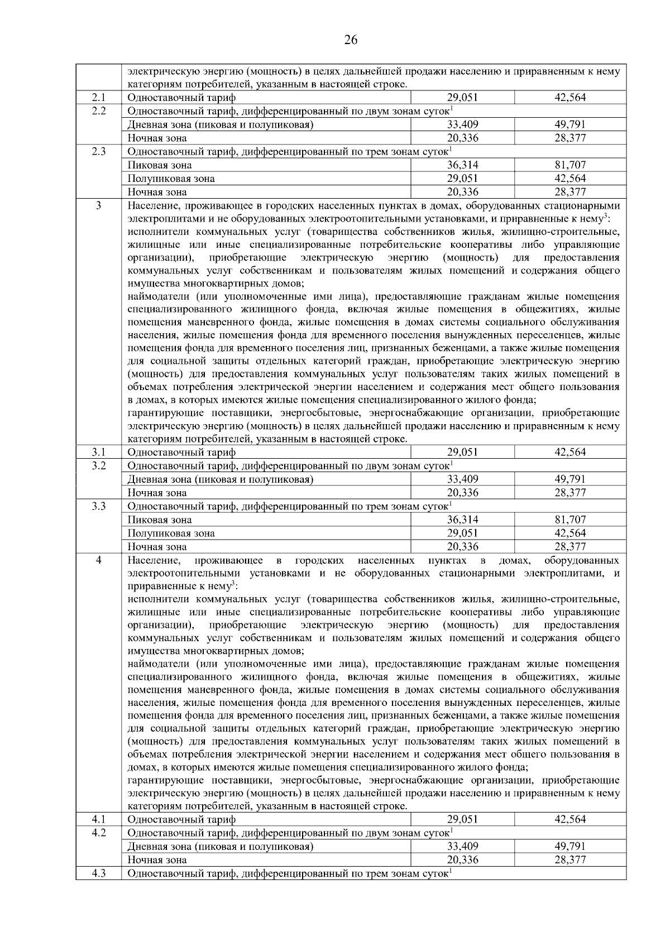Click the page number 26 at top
[x=351, y=40]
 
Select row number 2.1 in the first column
[x=99, y=98]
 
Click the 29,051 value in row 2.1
[x=462, y=98]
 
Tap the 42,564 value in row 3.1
[x=570, y=452]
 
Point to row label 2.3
[x=99, y=152]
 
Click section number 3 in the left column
[x=99, y=206]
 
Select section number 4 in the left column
[x=99, y=560]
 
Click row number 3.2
[x=99, y=465]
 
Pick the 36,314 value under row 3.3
[x=462, y=520]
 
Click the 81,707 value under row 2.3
[x=570, y=165]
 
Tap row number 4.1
[x=99, y=819]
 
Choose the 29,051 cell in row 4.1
[x=462, y=819]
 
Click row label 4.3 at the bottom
[x=99, y=873]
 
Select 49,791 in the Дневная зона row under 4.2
[x=570, y=846]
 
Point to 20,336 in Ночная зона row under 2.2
[x=462, y=138]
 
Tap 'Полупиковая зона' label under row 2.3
[x=171, y=179]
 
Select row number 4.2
[x=99, y=833]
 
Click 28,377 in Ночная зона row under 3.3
[x=570, y=547]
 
